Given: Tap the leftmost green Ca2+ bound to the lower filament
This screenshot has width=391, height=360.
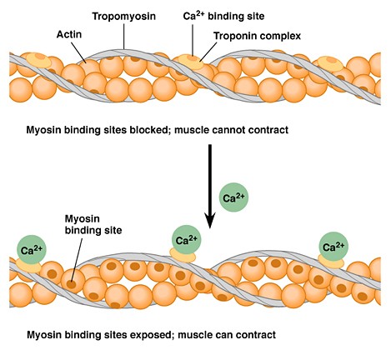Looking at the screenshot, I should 29,248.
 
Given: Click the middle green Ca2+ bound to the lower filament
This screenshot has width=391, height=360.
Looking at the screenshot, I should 186,240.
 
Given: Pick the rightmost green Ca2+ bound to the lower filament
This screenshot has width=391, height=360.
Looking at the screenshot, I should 333,246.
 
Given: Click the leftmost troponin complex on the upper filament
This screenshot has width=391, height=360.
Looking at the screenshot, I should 38,61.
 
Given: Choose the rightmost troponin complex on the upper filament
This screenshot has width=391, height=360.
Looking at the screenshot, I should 331,63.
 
